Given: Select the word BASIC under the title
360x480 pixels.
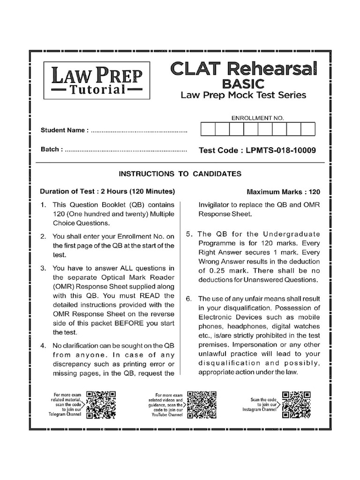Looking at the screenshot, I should tap(243, 83).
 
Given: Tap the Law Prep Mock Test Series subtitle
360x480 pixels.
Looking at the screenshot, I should tap(243, 96).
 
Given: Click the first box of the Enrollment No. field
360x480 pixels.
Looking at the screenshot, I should tap(208, 129).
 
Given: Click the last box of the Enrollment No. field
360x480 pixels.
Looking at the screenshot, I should tap(307, 129).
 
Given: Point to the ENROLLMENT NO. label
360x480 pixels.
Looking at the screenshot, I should tap(257, 118).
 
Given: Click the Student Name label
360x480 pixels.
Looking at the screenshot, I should tap(64, 130).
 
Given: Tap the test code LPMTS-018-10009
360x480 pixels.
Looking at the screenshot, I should tap(257, 150).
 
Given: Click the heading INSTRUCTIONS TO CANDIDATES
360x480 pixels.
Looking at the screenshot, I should tap(180, 174).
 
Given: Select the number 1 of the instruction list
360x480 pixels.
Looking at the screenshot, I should tap(43, 205).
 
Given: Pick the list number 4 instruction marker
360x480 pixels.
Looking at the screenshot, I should tap(43, 345).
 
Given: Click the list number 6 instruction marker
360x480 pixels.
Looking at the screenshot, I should tap(189, 299).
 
